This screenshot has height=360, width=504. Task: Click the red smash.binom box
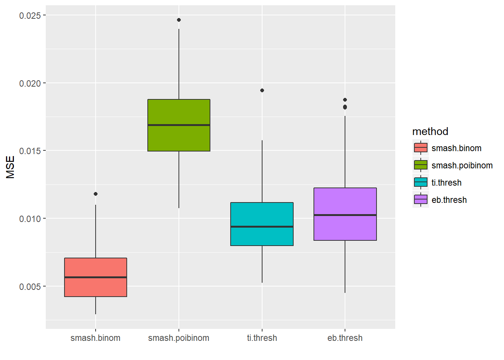click(96, 277)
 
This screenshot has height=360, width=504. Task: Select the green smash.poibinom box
click(179, 125)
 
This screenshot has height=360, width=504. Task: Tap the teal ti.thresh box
click(262, 224)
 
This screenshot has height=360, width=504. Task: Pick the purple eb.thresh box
click(345, 214)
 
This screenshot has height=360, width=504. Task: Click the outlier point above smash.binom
click(96, 194)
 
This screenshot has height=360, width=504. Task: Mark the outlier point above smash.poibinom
click(179, 20)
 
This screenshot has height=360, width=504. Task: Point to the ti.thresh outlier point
click(262, 90)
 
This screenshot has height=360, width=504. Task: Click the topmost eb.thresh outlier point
click(345, 100)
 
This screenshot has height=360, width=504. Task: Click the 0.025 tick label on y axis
click(30, 15)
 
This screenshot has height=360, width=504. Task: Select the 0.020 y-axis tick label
click(30, 83)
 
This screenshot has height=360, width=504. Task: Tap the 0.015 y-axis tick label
click(30, 151)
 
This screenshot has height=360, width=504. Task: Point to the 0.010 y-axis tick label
click(30, 219)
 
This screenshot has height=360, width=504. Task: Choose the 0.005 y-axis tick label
click(30, 286)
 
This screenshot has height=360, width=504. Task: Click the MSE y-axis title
click(10, 167)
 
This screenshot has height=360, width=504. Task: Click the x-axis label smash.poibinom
click(178, 338)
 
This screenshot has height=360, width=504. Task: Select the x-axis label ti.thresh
click(262, 338)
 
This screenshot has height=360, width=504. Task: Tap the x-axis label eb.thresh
click(345, 338)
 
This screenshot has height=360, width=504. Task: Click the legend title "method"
click(430, 131)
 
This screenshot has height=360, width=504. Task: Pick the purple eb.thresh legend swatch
click(421, 199)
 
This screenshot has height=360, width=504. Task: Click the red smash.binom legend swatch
click(421, 148)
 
